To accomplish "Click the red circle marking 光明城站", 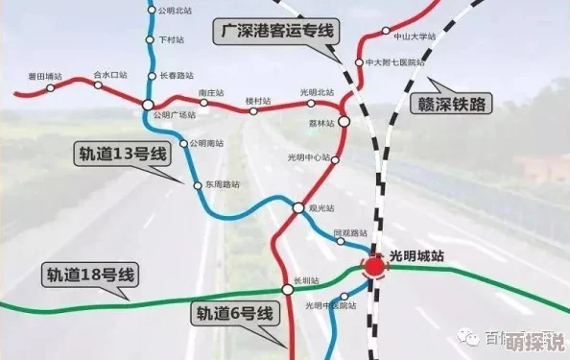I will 374,266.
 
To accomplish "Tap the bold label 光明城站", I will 418,256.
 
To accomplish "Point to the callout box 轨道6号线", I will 235,313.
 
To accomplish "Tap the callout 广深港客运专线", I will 277,31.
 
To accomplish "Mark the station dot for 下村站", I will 150,40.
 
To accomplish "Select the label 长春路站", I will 176,74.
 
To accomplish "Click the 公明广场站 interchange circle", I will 148,104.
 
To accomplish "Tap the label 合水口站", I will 110,74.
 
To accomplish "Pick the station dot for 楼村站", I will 254,110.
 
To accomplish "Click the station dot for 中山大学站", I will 387,36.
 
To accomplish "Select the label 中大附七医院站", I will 394,62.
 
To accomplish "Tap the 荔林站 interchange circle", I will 344,123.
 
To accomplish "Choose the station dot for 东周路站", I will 198,184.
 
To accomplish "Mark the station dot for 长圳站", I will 287,289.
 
